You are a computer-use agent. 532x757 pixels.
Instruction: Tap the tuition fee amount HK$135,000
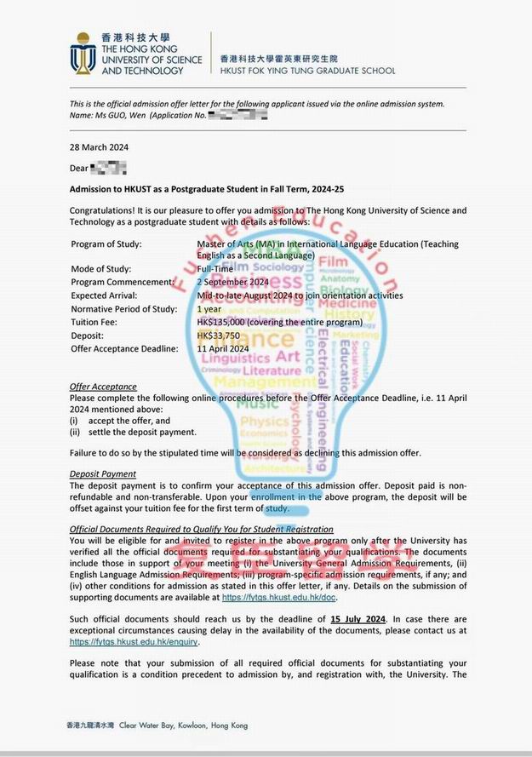pyautogui.click(x=225, y=323)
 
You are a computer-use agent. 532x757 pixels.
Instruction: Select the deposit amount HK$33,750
pyautogui.click(x=220, y=335)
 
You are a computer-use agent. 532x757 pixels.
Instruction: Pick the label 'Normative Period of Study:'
pyautogui.click(x=123, y=309)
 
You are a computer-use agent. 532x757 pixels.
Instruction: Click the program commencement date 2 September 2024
pyautogui.click(x=232, y=282)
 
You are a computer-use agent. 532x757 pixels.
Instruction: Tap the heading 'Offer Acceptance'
pyautogui.click(x=103, y=387)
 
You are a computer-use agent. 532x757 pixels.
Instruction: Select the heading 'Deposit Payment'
pyautogui.click(x=102, y=473)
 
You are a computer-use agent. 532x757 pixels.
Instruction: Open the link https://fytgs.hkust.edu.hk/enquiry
pyautogui.click(x=133, y=641)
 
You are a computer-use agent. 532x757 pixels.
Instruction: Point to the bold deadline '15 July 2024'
pyautogui.click(x=359, y=618)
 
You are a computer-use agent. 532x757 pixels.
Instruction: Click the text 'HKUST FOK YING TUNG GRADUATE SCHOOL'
pyautogui.click(x=307, y=71)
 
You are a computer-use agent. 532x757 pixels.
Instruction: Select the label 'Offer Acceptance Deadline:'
pyautogui.click(x=121, y=348)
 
